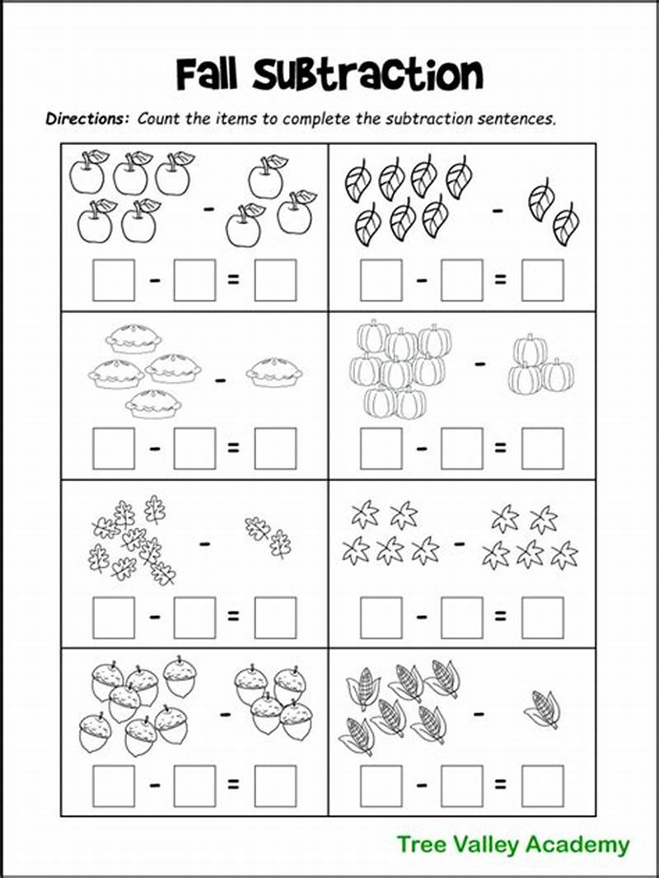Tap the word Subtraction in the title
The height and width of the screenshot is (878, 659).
[367, 75]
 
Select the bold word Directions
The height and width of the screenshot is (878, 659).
[87, 118]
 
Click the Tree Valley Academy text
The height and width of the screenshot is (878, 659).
[512, 844]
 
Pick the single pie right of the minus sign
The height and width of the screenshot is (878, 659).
[274, 372]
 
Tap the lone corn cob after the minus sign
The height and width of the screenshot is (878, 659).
[543, 708]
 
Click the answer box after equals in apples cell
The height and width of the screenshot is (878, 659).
[275, 280]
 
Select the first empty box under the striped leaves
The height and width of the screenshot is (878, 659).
[381, 280]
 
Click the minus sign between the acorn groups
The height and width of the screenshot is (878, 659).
[225, 714]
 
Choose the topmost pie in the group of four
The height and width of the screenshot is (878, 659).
[135, 338]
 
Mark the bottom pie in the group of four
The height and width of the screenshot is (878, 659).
[153, 404]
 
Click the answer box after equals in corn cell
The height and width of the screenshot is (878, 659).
[543, 786]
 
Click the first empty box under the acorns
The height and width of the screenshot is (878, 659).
[114, 786]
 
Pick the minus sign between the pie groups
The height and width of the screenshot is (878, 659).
[220, 381]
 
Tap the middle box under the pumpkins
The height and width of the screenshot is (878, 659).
[462, 449]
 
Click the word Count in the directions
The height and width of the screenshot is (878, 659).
[156, 118]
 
